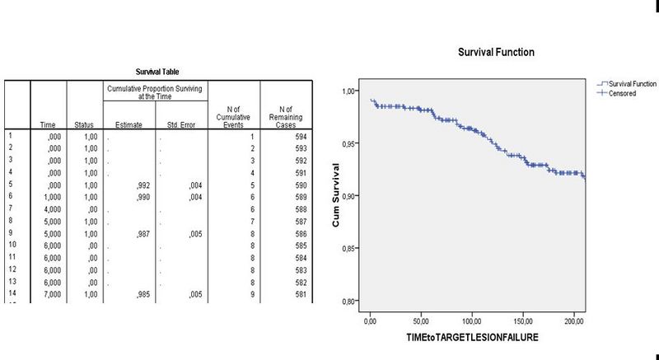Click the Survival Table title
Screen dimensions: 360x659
tap(157, 72)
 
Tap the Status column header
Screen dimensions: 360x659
tap(84, 124)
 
